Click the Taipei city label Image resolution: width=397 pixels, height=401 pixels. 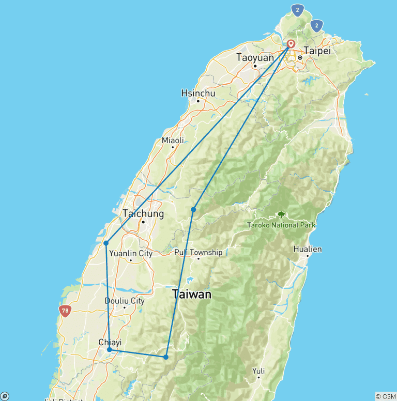317,51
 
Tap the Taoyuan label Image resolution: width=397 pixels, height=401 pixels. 255,57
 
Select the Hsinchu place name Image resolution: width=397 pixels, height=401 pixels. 198,94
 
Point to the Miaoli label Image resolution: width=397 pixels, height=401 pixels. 173,140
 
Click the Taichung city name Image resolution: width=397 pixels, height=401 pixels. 143,213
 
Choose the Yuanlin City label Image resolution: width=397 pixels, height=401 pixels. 131,253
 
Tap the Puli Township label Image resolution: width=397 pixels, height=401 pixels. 198,252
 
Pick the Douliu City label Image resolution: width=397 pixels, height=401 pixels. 125,301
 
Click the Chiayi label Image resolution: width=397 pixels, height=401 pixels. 110,342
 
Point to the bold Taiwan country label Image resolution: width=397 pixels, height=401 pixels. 192,295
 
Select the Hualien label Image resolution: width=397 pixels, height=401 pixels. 308,249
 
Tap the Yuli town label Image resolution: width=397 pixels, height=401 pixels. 258,371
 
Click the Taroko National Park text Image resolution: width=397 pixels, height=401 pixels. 281,225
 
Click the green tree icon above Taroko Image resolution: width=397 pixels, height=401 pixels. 281,214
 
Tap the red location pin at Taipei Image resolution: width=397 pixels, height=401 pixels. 291,44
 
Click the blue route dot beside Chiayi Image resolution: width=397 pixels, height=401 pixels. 110,350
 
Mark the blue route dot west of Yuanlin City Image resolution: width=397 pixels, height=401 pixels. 105,243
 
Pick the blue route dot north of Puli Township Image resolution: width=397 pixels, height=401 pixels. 193,209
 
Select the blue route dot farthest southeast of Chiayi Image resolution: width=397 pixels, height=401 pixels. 166,357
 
